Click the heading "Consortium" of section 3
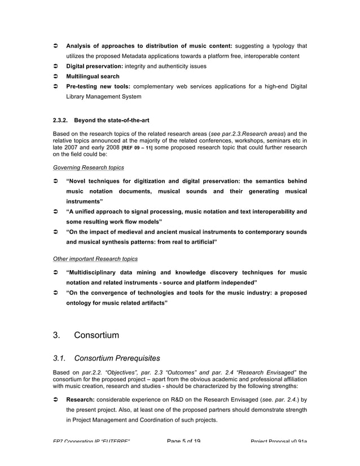point(96,335)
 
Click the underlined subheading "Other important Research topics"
point(95,259)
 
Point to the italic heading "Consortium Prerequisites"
point(117,358)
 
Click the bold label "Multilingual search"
point(93,76)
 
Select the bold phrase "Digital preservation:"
point(95,67)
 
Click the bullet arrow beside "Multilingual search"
point(56,76)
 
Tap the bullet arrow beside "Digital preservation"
point(56,67)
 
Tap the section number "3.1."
point(60,358)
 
